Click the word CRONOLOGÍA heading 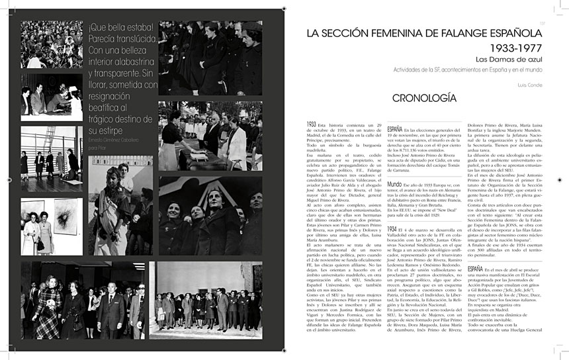(x=416, y=98)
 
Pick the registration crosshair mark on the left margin (x=7, y=179)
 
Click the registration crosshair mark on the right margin (x=562, y=179)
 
